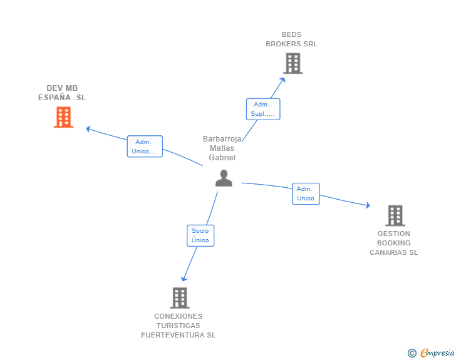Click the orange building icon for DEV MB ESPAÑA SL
[x=63, y=117]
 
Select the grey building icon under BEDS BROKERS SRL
[x=293, y=63]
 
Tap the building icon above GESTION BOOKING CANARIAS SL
[x=395, y=215]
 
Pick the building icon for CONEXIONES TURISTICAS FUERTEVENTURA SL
[x=179, y=298]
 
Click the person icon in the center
[x=224, y=178]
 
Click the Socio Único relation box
[x=200, y=235]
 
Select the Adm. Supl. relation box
[x=263, y=109]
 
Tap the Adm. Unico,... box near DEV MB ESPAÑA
[x=145, y=147]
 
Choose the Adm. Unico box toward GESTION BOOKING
[x=306, y=193]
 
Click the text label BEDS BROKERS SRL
[x=291, y=39]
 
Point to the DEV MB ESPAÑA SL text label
[x=62, y=93]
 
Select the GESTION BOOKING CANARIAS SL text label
[x=393, y=243]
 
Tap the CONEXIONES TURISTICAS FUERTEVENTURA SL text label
[x=179, y=326]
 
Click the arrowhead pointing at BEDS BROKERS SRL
[x=283, y=79]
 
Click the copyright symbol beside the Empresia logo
[x=412, y=353]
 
